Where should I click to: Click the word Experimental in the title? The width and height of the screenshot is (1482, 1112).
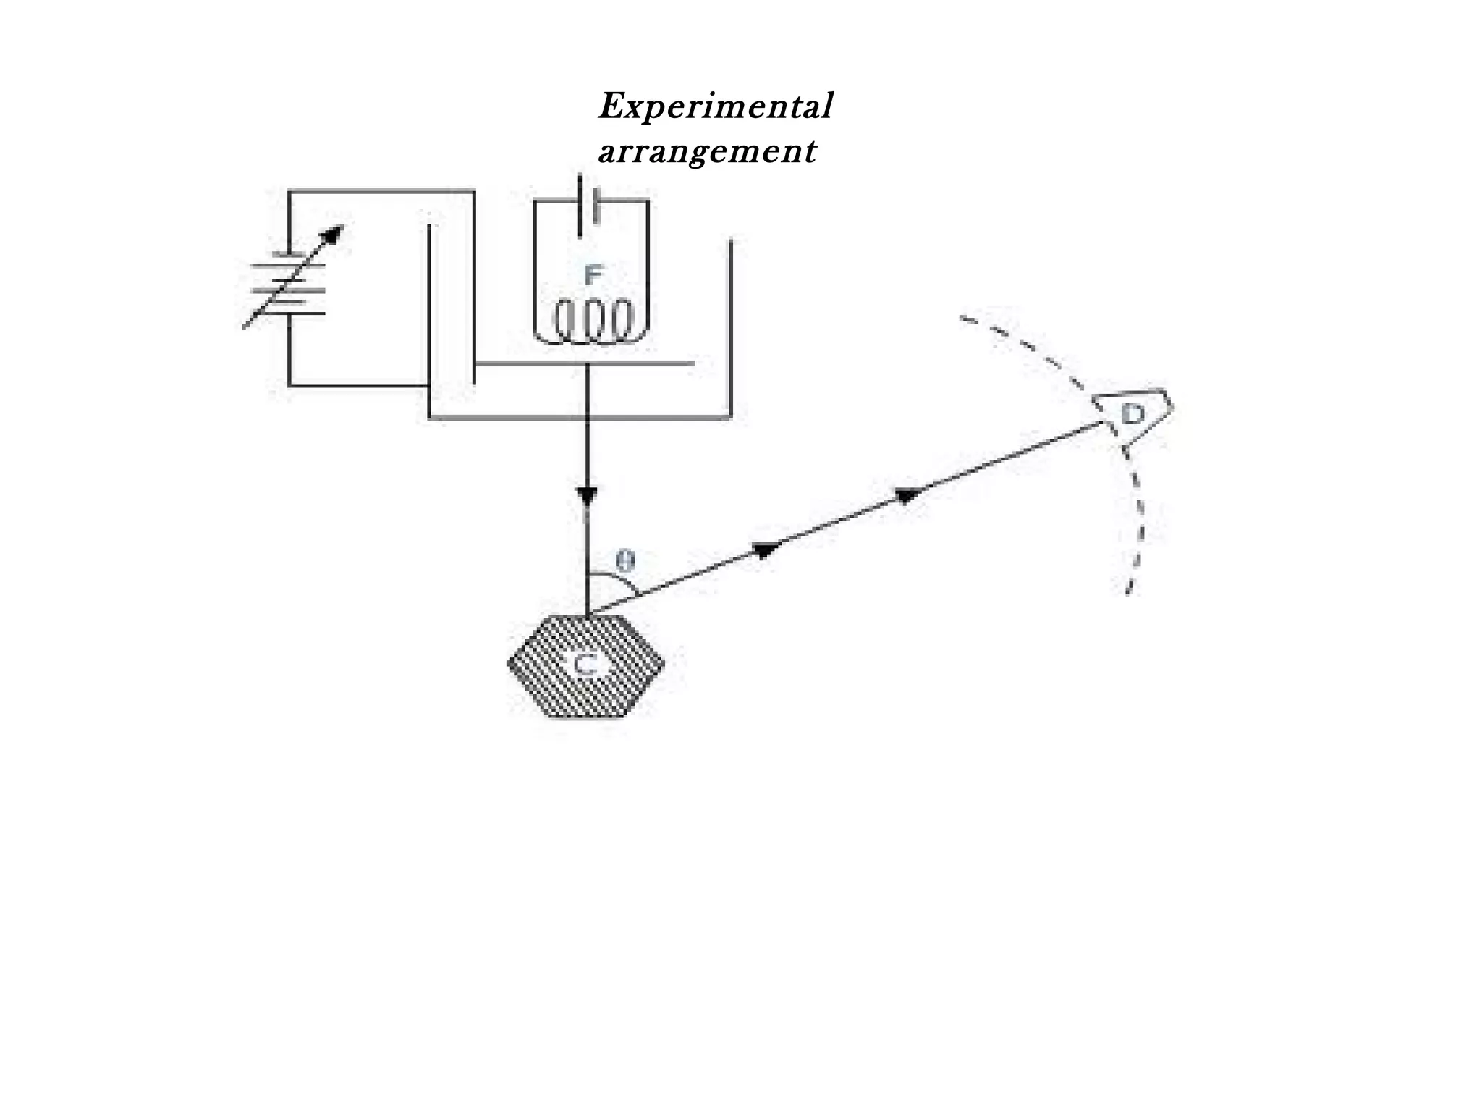[x=715, y=107]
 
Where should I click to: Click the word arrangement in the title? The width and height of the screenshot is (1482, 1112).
[x=707, y=152]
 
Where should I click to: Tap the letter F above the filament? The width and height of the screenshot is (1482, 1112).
[x=593, y=275]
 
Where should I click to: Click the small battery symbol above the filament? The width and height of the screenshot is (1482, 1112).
[x=588, y=205]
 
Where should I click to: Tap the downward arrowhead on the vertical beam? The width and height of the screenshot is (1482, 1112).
[x=587, y=497]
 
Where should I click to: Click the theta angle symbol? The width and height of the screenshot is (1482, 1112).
[x=625, y=560]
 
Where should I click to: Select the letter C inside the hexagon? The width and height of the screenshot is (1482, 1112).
[x=585, y=665]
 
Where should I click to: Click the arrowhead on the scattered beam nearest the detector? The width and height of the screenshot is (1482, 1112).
[x=907, y=494]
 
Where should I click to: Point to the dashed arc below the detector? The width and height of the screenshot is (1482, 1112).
[x=1139, y=521]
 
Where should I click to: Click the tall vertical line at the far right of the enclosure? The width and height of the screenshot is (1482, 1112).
[x=731, y=326]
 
